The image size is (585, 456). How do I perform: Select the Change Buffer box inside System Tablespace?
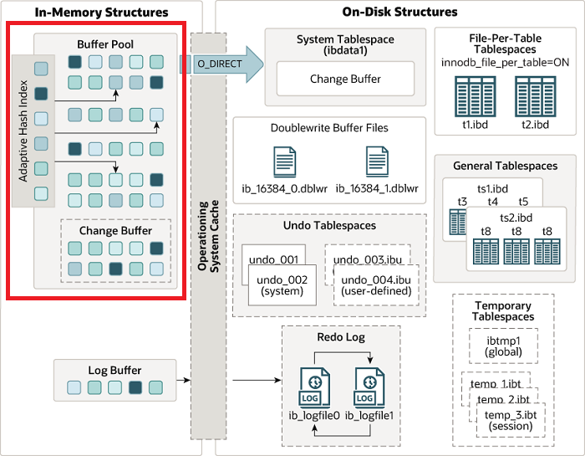pyautogui.click(x=345, y=79)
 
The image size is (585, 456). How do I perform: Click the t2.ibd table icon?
pyautogui.click(x=534, y=95)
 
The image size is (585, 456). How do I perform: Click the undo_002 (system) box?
pyautogui.click(x=282, y=284)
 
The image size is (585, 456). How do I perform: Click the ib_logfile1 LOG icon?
pyautogui.click(x=369, y=387)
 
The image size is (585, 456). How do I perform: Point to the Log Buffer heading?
pyautogui.click(x=114, y=370)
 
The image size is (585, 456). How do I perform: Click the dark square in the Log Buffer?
pyautogui.click(x=135, y=387)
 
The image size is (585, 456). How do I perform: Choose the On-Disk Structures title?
pyautogui.click(x=400, y=13)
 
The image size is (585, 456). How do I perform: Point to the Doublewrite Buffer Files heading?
pyautogui.click(x=329, y=128)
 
